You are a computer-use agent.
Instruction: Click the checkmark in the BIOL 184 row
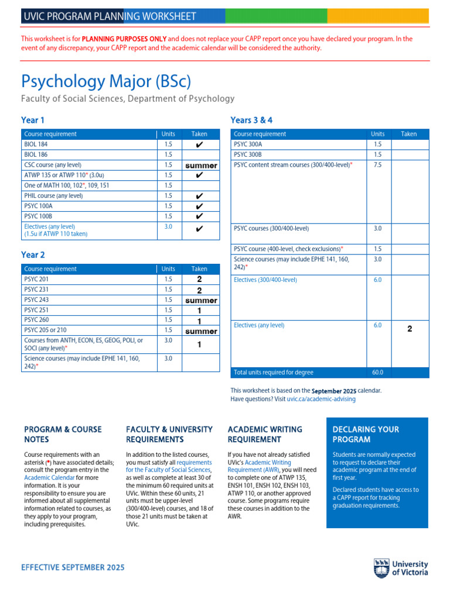pos(199,144)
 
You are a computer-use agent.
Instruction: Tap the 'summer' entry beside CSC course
pos(201,166)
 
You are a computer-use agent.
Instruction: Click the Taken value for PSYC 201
pos(199,280)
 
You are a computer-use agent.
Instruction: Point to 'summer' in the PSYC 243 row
pos(201,300)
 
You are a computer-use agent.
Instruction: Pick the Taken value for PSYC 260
pos(199,321)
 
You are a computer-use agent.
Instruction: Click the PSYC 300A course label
pos(248,144)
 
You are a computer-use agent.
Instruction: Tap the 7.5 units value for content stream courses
pos(377,165)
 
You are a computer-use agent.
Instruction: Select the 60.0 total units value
pos(377,373)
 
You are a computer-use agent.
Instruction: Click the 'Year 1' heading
pos(33,120)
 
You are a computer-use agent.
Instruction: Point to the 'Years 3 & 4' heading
pos(251,120)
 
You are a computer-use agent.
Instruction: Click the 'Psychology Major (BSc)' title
pos(106,81)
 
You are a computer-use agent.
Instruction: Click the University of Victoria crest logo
pos(381,567)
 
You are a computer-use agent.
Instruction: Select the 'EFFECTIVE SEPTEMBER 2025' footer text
pos(73,567)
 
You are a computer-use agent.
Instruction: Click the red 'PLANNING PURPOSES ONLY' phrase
pos(124,39)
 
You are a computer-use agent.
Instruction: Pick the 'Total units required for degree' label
pos(274,373)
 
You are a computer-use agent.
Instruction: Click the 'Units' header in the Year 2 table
pos(168,269)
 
